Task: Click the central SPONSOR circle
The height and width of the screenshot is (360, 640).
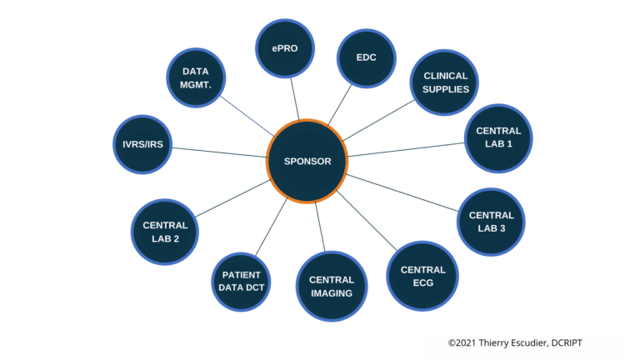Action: tap(306, 162)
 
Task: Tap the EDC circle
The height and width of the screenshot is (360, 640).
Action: tap(366, 58)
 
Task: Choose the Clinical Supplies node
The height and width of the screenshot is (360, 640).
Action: tap(446, 82)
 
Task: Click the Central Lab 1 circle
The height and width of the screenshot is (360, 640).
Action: tap(498, 137)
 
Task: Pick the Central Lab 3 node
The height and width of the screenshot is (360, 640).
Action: tap(492, 222)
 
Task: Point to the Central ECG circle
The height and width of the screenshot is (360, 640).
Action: tap(422, 276)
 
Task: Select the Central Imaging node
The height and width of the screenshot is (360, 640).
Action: tap(331, 286)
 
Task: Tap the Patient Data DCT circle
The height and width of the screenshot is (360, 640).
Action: tap(242, 281)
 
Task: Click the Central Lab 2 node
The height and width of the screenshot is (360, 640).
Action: tap(165, 231)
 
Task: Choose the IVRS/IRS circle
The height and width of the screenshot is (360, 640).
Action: tap(142, 143)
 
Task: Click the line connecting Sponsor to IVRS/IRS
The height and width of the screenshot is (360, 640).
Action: tap(218, 152)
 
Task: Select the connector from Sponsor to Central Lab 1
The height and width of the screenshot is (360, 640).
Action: tap(406, 149)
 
